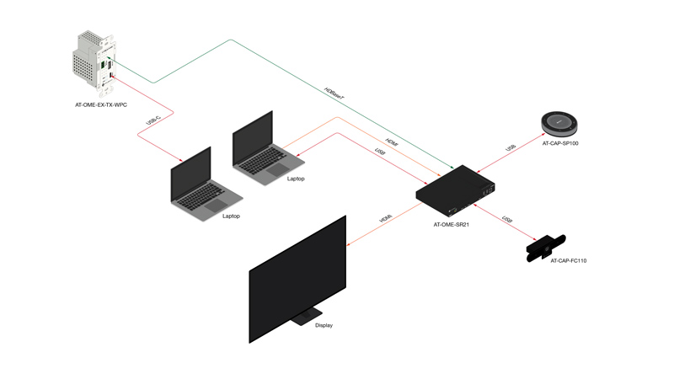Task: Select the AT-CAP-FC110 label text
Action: [x=569, y=261]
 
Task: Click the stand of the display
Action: [x=302, y=318]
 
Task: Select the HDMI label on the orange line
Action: [x=391, y=142]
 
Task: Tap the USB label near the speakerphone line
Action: [x=511, y=148]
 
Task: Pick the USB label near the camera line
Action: [x=507, y=220]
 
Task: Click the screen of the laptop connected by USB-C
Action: [x=191, y=174]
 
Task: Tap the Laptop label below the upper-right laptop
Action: [x=296, y=179]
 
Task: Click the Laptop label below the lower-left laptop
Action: [x=232, y=216]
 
